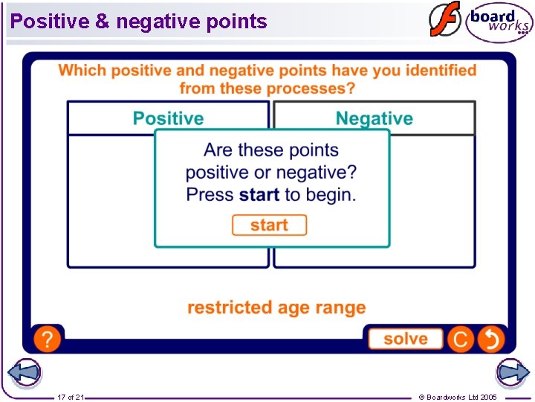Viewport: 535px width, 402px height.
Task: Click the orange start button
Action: click(x=269, y=225)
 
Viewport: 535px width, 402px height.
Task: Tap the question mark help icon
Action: click(x=47, y=339)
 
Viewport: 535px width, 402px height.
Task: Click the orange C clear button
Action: click(x=460, y=339)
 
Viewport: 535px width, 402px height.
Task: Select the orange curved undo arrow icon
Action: click(x=491, y=339)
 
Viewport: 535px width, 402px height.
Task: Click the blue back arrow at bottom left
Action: click(x=24, y=373)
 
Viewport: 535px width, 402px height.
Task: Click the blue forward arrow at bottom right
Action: click(x=512, y=373)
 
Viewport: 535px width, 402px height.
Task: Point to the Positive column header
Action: click(x=168, y=118)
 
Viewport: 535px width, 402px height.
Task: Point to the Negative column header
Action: click(x=374, y=118)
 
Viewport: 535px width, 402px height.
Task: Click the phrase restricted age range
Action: click(x=276, y=307)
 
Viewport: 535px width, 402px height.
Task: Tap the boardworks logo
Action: click(x=499, y=22)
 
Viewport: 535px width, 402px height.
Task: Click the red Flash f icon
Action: click(x=444, y=20)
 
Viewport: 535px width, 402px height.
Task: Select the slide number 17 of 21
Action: click(x=71, y=397)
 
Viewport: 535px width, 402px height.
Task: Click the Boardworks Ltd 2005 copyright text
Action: click(x=458, y=397)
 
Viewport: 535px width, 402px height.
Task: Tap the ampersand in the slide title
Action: click(x=102, y=22)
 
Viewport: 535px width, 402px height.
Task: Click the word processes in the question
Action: click(x=311, y=89)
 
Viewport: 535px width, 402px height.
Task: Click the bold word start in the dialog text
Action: click(x=259, y=195)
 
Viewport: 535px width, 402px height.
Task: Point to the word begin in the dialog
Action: click(x=329, y=195)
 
